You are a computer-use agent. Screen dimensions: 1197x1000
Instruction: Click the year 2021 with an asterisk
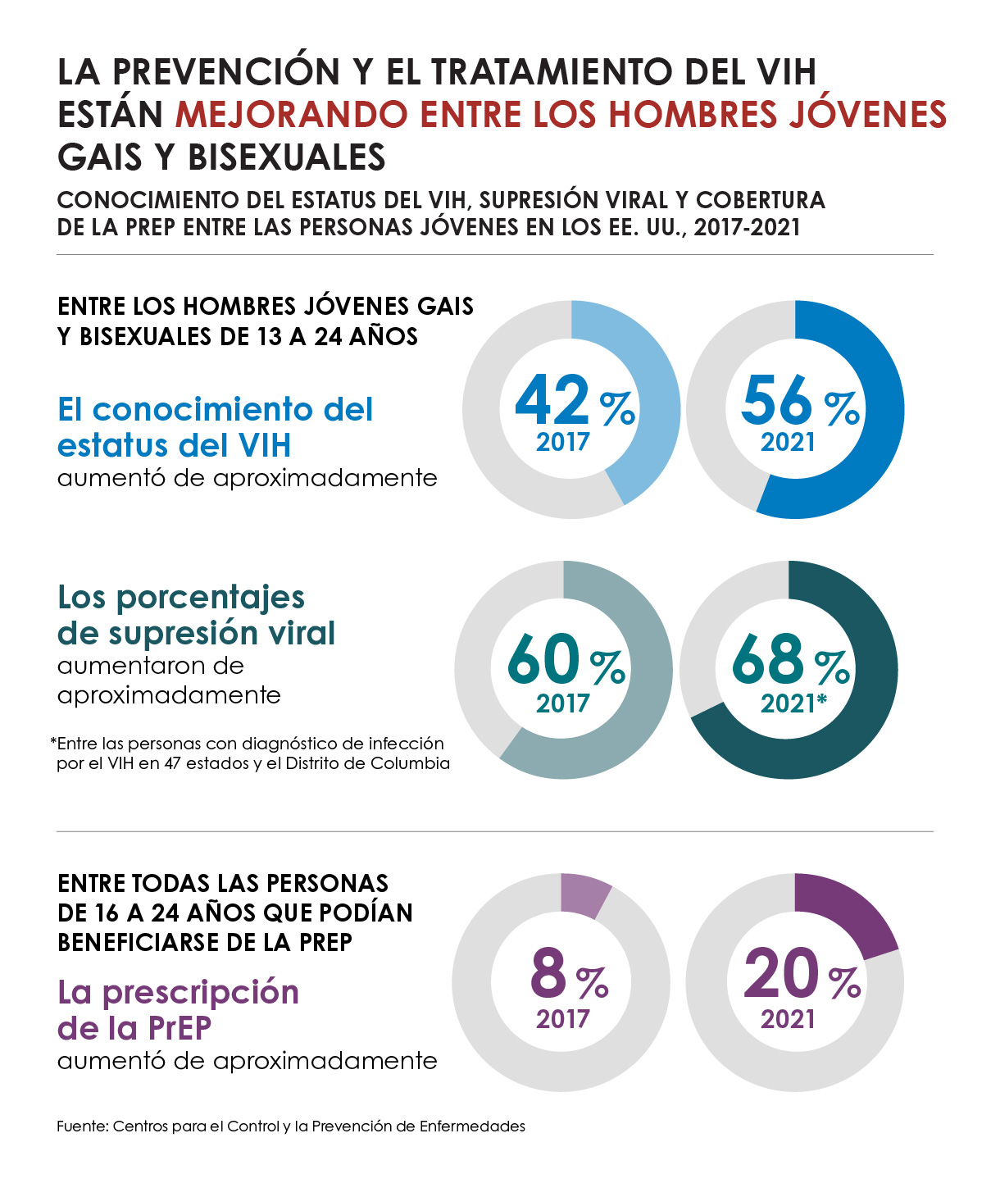click(x=793, y=703)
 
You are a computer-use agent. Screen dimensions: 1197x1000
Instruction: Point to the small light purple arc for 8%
click(x=584, y=894)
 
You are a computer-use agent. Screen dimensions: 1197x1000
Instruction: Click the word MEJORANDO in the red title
click(x=291, y=115)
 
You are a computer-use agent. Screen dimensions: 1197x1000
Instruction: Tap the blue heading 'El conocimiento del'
click(x=215, y=409)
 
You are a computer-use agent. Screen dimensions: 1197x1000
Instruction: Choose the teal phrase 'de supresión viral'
click(x=197, y=633)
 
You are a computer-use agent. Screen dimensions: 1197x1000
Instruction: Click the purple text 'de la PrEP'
click(x=134, y=1027)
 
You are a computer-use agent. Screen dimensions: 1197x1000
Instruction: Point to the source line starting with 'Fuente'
click(x=291, y=1126)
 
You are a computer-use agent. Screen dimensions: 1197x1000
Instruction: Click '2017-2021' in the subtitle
click(x=747, y=227)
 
